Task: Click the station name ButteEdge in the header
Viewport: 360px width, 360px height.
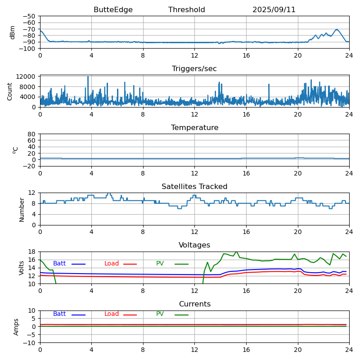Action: point(113,10)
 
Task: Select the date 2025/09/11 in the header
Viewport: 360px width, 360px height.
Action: point(274,10)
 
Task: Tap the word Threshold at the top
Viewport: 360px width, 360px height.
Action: point(187,10)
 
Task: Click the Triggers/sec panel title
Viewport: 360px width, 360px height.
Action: point(194,69)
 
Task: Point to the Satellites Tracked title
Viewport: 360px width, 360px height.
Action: point(194,187)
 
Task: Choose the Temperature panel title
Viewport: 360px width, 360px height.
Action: point(194,128)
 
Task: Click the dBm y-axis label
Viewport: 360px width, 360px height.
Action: point(13,32)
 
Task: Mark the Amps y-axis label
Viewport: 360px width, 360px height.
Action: point(16,327)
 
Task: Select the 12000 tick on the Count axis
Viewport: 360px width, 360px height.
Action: point(26,77)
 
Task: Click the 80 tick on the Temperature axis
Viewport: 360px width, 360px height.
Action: point(31,134)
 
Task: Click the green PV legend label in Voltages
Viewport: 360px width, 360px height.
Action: point(160,264)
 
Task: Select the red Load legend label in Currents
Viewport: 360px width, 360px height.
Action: point(112,314)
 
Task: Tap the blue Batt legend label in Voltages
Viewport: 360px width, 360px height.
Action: point(59,264)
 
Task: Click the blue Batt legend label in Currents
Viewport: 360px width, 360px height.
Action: point(59,314)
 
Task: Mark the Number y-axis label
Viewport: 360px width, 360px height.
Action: point(22,209)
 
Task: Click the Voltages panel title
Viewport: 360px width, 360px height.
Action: point(194,245)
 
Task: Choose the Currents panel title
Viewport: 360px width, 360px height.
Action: point(194,304)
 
